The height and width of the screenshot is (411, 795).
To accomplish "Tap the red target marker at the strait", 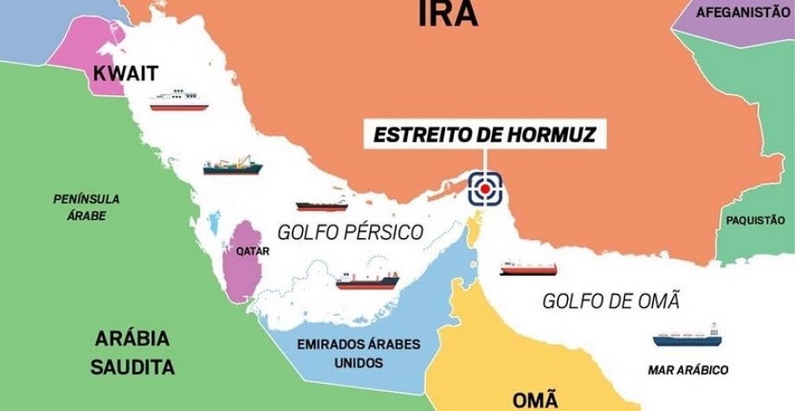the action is (x=486, y=187).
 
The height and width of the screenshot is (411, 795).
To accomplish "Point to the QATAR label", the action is (x=253, y=251).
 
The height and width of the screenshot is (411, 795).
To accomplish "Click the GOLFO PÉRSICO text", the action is (x=350, y=232).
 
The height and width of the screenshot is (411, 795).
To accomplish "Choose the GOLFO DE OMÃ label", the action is (x=611, y=302).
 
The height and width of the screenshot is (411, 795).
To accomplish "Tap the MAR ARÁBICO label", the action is (x=688, y=370).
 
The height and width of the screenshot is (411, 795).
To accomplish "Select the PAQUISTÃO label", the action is (x=755, y=220).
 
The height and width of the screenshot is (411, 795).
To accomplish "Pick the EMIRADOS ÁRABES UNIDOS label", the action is (x=359, y=353).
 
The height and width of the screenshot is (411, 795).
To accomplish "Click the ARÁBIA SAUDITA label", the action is (x=132, y=352).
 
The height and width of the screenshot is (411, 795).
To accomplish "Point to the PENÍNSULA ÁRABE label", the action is (x=87, y=206).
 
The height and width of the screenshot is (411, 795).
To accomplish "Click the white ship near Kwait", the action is (x=179, y=101).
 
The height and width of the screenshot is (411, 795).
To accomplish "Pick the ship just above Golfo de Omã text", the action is (x=528, y=267).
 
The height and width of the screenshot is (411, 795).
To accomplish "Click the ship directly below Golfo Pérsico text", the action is (x=368, y=279).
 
